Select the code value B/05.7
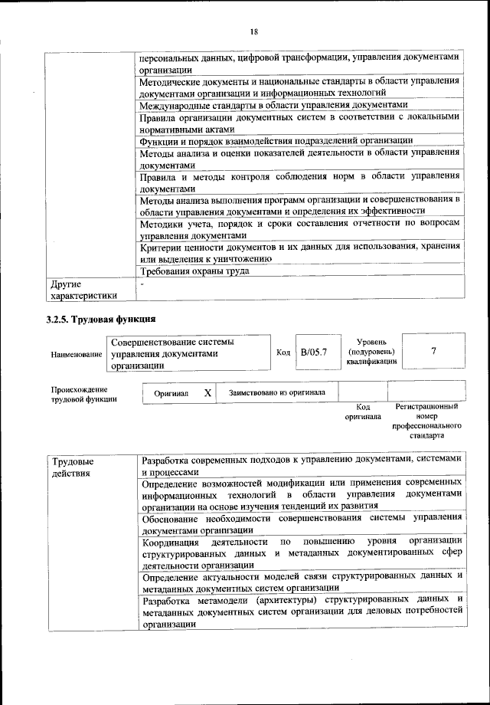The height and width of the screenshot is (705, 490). click(314, 352)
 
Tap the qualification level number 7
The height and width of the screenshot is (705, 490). click(433, 352)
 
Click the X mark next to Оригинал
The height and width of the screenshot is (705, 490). click(207, 392)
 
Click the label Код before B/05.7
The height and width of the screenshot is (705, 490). click(283, 352)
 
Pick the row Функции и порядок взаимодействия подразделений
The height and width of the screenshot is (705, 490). click(276, 140)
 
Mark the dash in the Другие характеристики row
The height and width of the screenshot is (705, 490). click(142, 284)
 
